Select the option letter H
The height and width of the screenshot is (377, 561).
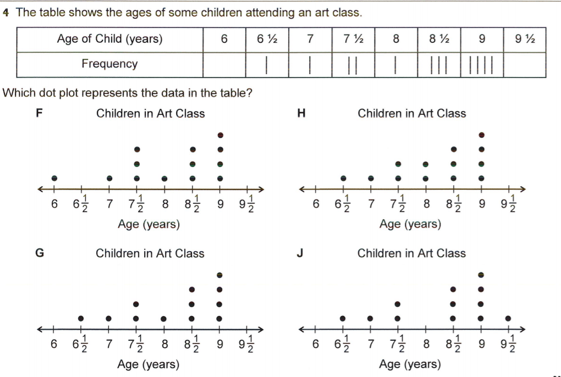tap(301, 114)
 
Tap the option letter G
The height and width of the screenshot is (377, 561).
tap(40, 253)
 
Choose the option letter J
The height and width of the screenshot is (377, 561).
tap(300, 253)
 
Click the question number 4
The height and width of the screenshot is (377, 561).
tap(6, 12)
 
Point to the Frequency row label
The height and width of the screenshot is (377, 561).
tap(109, 64)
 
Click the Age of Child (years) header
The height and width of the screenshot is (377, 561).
tap(109, 39)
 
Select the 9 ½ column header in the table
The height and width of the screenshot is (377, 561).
tap(524, 39)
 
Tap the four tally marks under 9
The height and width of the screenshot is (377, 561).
tap(482, 65)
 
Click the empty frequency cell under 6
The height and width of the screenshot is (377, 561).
tap(224, 64)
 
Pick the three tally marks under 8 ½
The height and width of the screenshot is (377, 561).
tap(439, 65)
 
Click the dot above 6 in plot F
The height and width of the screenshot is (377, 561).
tap(54, 178)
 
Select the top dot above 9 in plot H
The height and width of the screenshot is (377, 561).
tap(481, 135)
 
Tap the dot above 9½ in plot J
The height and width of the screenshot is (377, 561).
tap(508, 318)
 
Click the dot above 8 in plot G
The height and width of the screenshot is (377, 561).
tap(164, 318)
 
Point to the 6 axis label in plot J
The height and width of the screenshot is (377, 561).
tap(315, 344)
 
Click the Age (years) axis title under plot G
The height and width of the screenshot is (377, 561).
tap(148, 364)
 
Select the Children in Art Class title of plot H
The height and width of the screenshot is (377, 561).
tap(411, 114)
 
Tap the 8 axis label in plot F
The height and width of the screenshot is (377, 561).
tap(164, 204)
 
